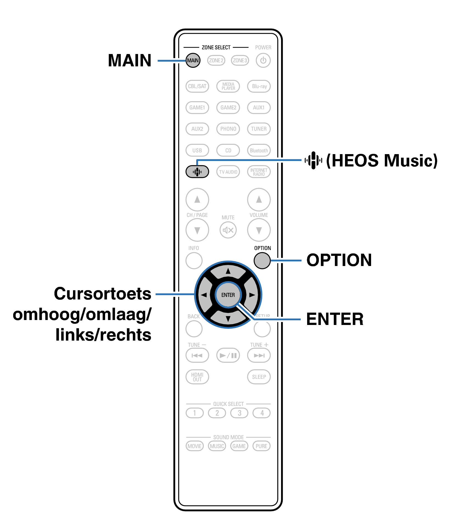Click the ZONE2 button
pyautogui.click(x=216, y=60)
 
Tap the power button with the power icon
pyautogui.click(x=263, y=60)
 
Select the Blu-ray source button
pyautogui.click(x=259, y=86)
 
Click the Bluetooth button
pyautogui.click(x=259, y=150)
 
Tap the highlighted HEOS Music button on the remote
pyautogui.click(x=197, y=172)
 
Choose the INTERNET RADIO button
pyautogui.click(x=259, y=172)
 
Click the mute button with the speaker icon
pyautogui.click(x=228, y=230)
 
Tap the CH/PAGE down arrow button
pyautogui.click(x=197, y=230)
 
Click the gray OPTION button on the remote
pyautogui.click(x=262, y=261)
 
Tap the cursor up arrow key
pyautogui.click(x=228, y=271)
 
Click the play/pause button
pyautogui.click(x=228, y=355)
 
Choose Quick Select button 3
pyautogui.click(x=239, y=413)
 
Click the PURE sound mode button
pyautogui.click(x=261, y=446)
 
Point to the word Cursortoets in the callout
pyautogui.click(x=102, y=294)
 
